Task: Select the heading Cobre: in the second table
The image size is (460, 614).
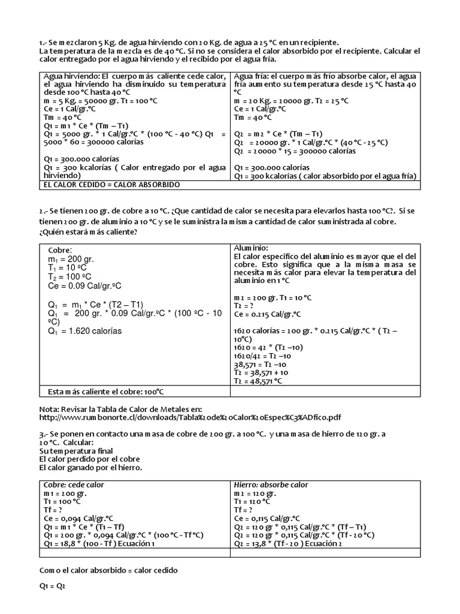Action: point(59,250)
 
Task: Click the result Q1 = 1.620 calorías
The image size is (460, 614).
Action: point(84,331)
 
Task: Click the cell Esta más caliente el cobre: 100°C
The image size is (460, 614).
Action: point(105,392)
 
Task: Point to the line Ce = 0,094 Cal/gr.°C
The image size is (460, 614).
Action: point(76,518)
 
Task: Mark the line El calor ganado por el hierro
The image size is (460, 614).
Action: point(92,467)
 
